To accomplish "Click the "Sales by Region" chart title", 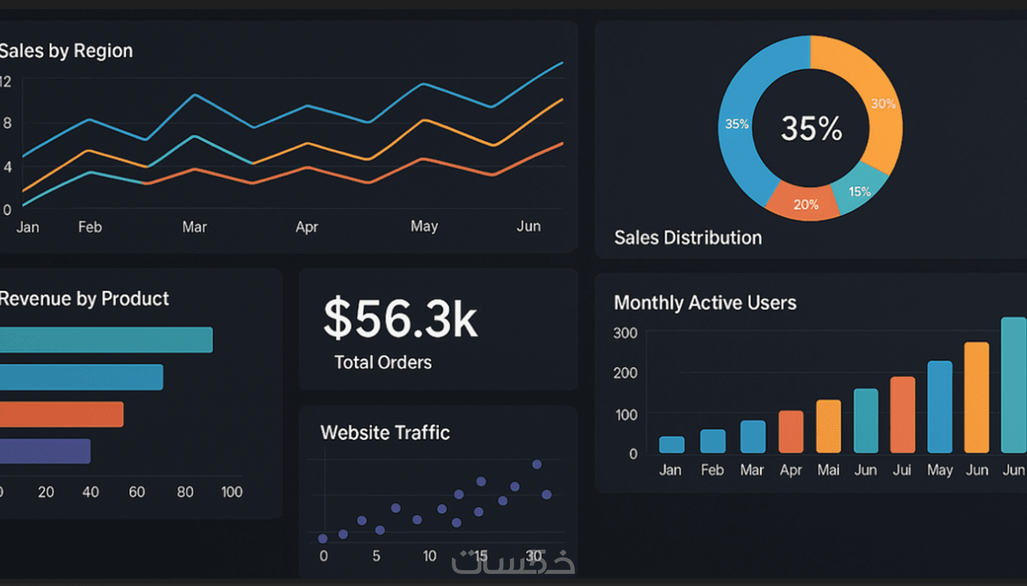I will (x=66, y=51).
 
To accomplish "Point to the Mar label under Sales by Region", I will (x=195, y=227).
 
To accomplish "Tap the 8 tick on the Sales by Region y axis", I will (x=7, y=123).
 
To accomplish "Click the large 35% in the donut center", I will (x=811, y=129).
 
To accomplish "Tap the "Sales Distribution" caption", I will (x=688, y=237).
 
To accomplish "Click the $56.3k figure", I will (x=401, y=318).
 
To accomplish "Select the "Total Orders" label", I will (x=383, y=362).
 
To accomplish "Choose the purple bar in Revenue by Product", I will (x=45, y=451).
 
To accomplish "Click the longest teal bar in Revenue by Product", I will (x=106, y=340).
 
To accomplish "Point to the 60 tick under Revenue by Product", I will (x=137, y=492).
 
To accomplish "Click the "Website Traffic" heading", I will (x=385, y=433).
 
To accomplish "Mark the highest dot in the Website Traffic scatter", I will (x=536, y=464).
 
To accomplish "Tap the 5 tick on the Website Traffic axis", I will (x=376, y=556).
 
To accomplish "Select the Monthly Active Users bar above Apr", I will (x=791, y=432).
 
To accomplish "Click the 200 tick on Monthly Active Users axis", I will (x=625, y=373).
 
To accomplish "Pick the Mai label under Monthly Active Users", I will (x=828, y=470).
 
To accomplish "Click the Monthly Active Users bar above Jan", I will (x=671, y=445).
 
